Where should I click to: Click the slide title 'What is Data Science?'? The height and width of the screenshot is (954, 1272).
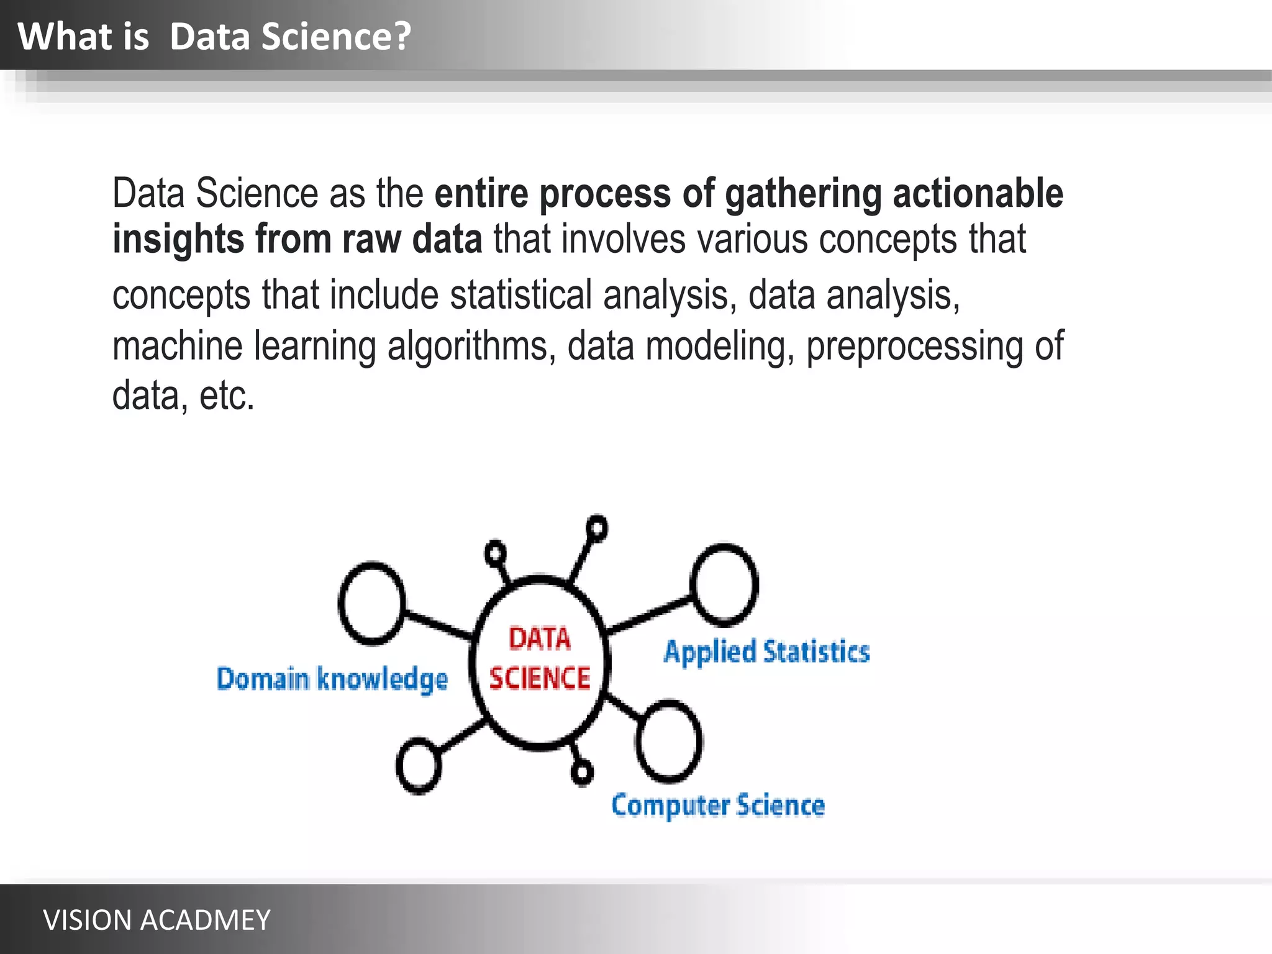coord(214,36)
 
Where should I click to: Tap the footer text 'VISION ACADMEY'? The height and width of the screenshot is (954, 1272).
coord(157,920)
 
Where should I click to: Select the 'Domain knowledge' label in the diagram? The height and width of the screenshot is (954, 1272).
coord(332,679)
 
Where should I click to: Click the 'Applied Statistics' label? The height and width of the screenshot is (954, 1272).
coord(766,652)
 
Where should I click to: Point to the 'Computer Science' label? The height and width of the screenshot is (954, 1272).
coord(718,806)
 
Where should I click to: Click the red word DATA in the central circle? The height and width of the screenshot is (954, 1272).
coord(539,639)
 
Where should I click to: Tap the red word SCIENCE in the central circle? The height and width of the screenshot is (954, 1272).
coord(539,678)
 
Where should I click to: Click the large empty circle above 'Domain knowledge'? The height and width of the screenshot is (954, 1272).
coord(371,603)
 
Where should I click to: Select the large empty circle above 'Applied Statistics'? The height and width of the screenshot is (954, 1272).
coord(724,584)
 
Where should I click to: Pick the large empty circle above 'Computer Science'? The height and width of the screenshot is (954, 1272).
coord(669,740)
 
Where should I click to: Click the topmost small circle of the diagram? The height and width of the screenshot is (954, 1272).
coord(597,529)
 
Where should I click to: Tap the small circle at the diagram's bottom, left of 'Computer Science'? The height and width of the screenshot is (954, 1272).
coord(582,773)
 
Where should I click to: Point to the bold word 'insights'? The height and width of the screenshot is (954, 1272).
coord(178,239)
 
